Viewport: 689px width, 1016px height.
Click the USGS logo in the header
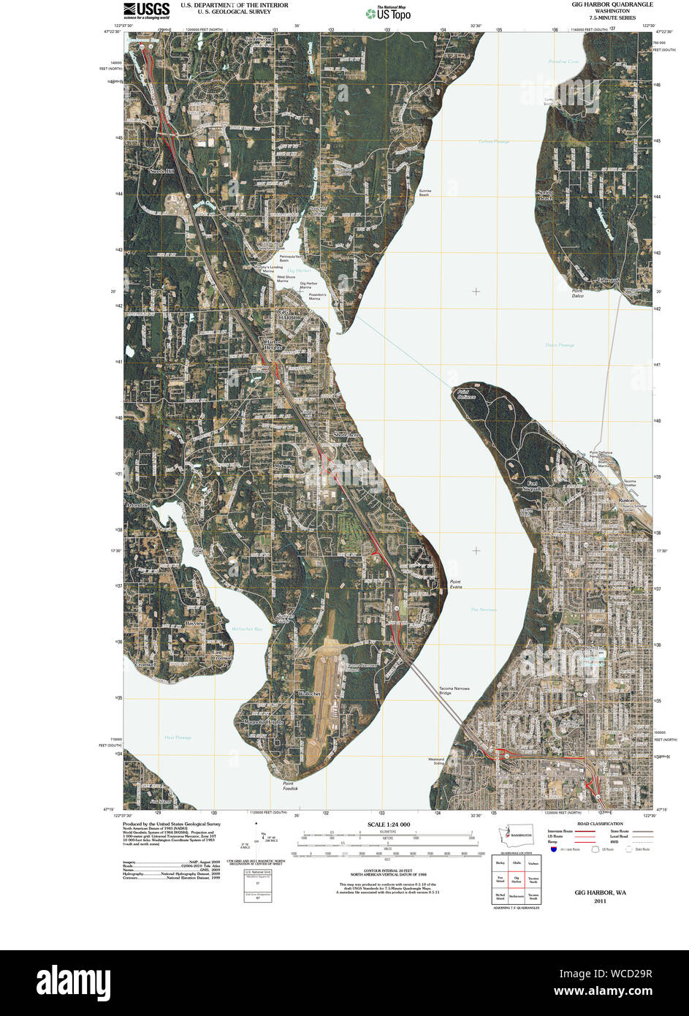pos(146,10)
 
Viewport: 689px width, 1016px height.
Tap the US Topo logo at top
pos(389,12)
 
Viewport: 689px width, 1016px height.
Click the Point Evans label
pos(456,585)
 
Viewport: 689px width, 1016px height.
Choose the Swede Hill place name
pos(162,171)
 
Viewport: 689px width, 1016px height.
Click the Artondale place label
pos(137,505)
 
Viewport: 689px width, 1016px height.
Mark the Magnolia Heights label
pos(264,721)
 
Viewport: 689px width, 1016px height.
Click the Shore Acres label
pos(347,435)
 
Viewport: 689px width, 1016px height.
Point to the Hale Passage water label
pos(178,738)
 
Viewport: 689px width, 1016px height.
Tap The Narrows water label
pos(483,609)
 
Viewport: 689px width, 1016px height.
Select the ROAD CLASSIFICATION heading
pos(600,824)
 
